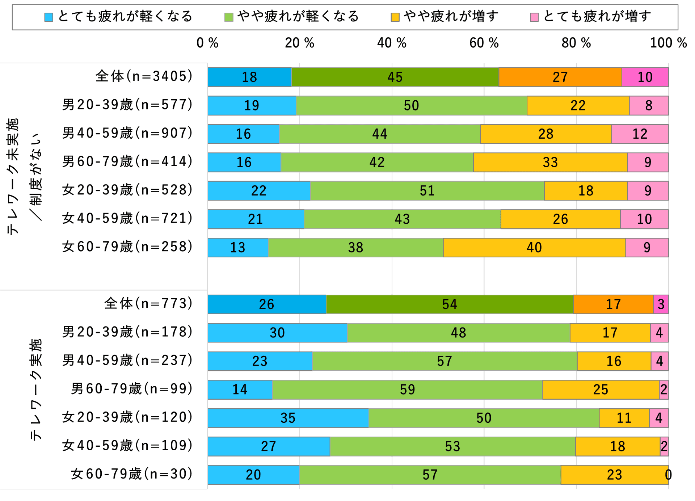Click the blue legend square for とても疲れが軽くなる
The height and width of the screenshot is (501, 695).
coord(49,17)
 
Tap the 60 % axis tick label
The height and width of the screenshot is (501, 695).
coord(484,43)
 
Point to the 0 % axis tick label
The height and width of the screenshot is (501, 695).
coord(207,43)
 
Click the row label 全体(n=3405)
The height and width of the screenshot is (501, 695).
coord(144,76)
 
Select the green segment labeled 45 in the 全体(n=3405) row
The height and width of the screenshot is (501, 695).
coord(395,77)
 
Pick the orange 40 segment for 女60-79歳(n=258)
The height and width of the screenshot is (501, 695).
coord(534,248)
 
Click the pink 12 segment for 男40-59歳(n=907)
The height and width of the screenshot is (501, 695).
coord(640,134)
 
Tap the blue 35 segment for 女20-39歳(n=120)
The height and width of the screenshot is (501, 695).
coord(288,418)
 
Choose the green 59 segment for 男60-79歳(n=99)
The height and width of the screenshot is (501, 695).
coord(407,390)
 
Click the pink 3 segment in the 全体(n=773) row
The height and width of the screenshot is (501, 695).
coord(661,304)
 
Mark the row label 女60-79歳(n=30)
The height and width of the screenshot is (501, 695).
coord(131,474)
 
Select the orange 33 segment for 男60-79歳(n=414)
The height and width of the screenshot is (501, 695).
coord(550,163)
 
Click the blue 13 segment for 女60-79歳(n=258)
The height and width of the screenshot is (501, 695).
coord(237,248)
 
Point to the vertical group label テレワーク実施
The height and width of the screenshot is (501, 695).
coord(35,390)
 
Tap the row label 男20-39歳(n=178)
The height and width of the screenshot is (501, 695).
coord(127,332)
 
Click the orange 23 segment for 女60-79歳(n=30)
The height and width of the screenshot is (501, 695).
coord(614,475)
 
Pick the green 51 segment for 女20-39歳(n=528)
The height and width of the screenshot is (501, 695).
coord(427,191)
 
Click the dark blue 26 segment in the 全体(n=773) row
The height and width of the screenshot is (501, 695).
coord(266,304)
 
